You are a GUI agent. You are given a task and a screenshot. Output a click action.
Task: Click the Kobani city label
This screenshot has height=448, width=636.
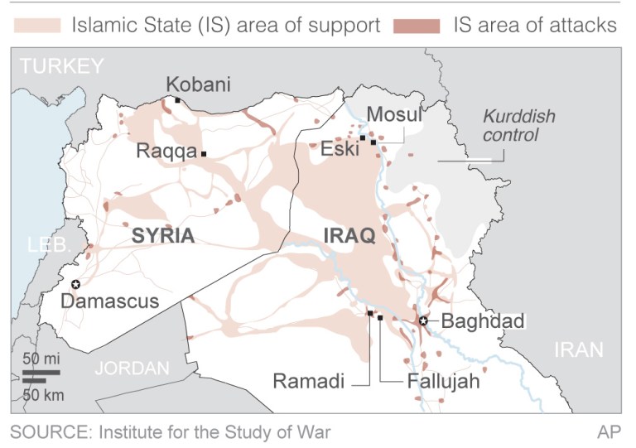pos(198,84)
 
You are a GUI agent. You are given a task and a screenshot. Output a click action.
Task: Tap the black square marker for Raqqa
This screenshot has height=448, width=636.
pos(204,154)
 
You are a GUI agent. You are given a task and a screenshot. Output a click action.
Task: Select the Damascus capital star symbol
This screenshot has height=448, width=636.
pos(75,284)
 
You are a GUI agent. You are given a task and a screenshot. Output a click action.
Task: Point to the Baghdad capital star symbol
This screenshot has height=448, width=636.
pos(424,320)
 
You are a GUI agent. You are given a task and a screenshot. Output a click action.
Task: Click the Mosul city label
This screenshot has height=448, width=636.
pos(394,114)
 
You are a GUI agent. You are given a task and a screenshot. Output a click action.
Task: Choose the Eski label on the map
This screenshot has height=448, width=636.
pos(340,150)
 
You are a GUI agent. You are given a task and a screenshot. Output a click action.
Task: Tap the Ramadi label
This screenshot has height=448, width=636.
pos(308,382)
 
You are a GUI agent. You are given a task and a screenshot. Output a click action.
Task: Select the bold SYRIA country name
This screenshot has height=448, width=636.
pos(163,236)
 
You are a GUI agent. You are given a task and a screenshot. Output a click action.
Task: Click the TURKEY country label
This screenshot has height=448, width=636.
pos(63,66)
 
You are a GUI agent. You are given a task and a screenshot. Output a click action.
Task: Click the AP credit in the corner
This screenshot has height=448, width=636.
pos(609,431)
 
